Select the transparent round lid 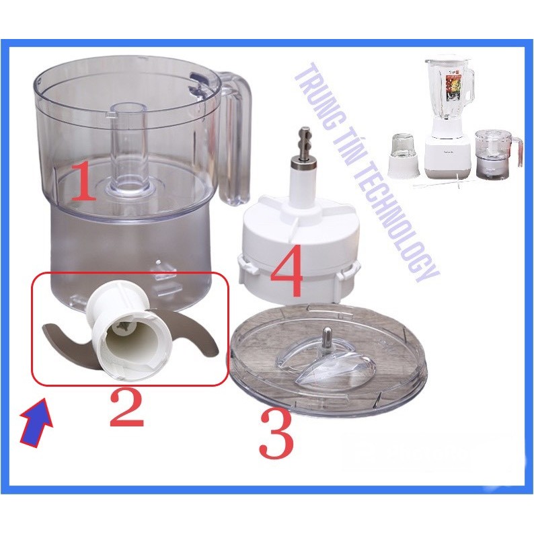point(328,358)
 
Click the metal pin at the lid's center point(327,339)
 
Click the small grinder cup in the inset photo point(402,159)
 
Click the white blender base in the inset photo point(447,153)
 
